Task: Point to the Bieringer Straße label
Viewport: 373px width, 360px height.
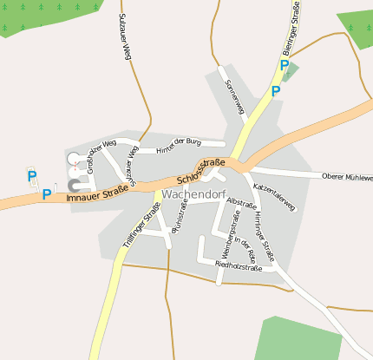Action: [x=296, y=36]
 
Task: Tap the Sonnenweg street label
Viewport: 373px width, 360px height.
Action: [x=235, y=98]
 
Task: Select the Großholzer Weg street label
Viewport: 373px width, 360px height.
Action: [x=101, y=157]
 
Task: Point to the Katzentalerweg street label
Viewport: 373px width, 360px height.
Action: [x=274, y=196]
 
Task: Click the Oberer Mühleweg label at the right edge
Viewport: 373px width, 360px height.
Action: [x=347, y=177]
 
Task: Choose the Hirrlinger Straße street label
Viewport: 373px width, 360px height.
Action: [x=264, y=239]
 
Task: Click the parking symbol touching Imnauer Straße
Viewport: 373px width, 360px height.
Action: [x=47, y=194]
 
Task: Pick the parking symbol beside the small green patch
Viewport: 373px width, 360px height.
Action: [x=284, y=65]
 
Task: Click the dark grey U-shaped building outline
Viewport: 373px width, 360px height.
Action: [x=75, y=185]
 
